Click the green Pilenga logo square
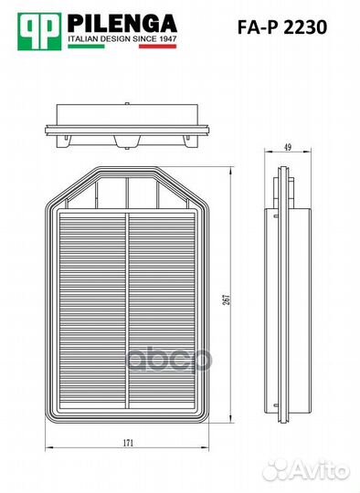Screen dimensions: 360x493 click(39, 31)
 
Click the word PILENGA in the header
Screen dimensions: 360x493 click(122, 24)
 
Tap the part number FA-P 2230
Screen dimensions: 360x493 click(282, 27)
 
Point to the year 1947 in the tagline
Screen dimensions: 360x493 click(168, 39)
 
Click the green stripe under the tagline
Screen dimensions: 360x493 click(86, 47)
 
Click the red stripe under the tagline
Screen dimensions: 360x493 click(158, 47)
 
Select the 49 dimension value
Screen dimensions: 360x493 click(288, 147)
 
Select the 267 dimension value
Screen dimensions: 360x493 click(227, 299)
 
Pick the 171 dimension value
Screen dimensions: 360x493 click(128, 443)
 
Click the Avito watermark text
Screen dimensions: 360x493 click(320, 471)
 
